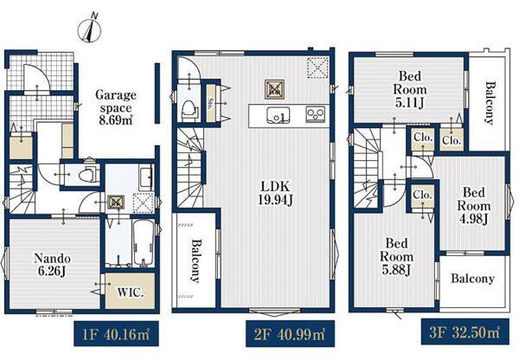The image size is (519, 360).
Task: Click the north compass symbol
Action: (x=89, y=29)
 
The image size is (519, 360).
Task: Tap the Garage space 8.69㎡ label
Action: (x=116, y=107)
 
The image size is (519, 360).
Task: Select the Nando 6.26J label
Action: (x=52, y=264)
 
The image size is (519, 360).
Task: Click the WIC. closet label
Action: (x=131, y=292)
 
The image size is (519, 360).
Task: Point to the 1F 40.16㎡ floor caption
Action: (x=116, y=334)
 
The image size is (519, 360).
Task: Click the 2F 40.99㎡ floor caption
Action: (x=290, y=334)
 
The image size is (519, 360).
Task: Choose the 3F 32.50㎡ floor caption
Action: (x=465, y=332)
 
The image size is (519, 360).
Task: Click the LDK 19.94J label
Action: (x=275, y=193)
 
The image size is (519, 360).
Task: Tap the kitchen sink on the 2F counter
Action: (x=279, y=115)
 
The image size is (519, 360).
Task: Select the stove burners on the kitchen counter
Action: (x=316, y=114)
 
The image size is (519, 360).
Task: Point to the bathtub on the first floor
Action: (x=143, y=243)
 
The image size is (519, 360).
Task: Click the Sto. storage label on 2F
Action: (x=211, y=103)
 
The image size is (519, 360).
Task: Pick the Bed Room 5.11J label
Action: (x=409, y=89)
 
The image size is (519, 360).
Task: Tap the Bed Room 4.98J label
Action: (x=474, y=206)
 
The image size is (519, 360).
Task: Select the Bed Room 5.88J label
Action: (x=396, y=257)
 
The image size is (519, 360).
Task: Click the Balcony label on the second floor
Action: (x=195, y=261)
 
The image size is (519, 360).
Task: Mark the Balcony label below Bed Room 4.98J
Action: (x=472, y=279)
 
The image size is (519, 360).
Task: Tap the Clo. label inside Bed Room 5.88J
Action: (x=422, y=195)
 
